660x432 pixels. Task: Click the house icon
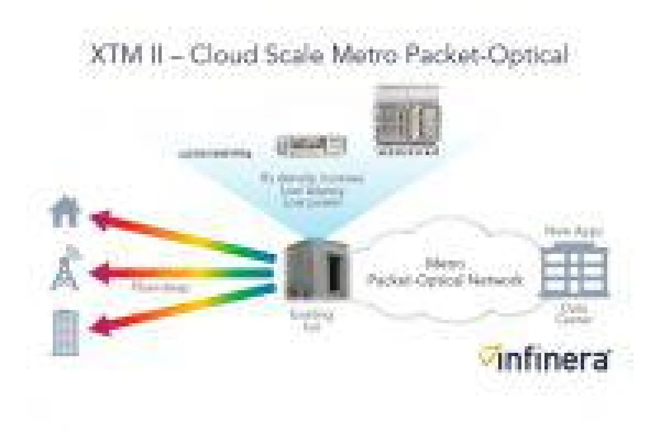pos(65,211)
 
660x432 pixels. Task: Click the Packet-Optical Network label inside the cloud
pos(444,280)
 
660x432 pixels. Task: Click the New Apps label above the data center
pos(573,231)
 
